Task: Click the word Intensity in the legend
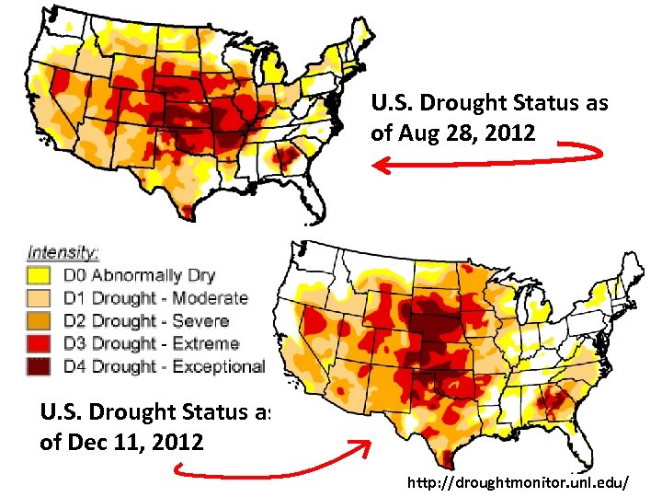pos(63,251)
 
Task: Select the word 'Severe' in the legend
pos(201,321)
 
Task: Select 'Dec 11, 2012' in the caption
pos(122,442)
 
